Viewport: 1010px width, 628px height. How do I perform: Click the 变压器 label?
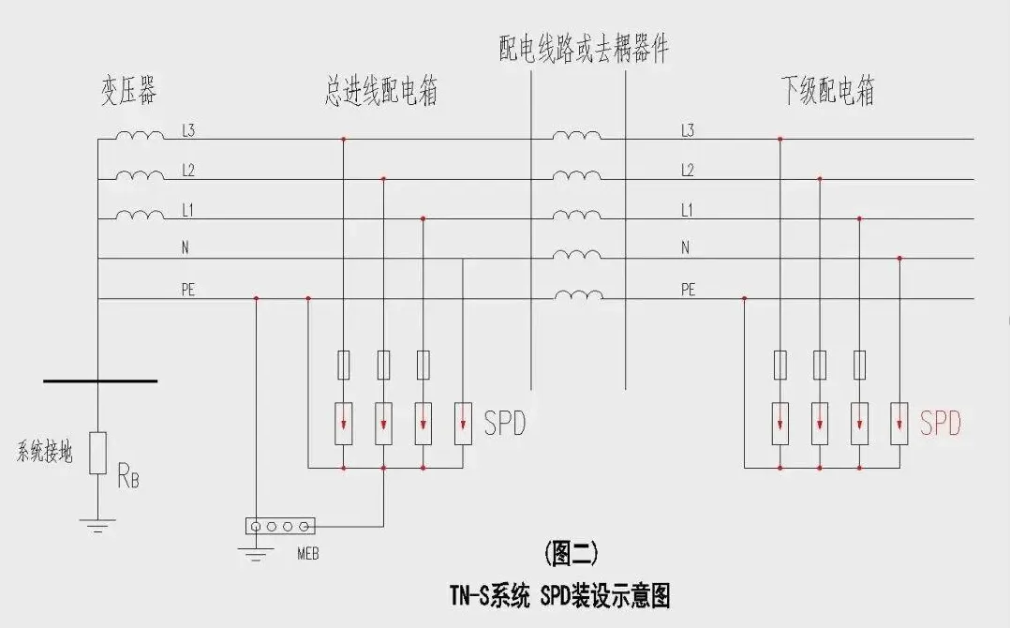coord(128,92)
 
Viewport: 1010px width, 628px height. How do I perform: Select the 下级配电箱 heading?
coord(827,92)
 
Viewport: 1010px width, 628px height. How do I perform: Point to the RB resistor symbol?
coord(98,454)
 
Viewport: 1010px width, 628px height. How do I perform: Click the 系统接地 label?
coord(45,455)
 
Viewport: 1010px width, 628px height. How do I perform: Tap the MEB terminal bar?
coord(279,526)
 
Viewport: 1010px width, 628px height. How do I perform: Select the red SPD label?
coord(940,424)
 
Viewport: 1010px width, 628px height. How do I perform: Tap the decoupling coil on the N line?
coord(577,256)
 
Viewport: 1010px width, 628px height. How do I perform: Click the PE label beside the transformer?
coord(188,290)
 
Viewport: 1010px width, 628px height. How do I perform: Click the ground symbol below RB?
coord(98,526)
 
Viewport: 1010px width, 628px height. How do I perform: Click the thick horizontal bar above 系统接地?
coord(99,381)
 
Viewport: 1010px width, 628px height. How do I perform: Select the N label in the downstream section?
coord(685,248)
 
